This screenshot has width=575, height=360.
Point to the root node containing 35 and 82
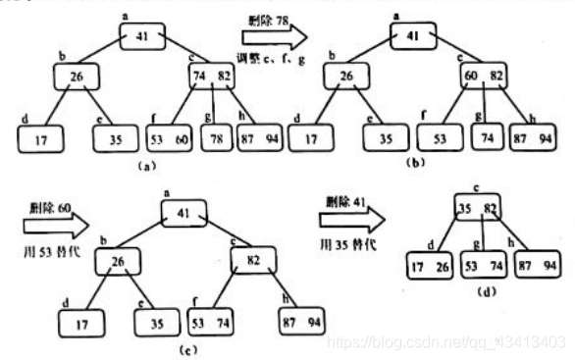click(477, 208)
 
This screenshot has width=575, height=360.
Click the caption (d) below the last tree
click(485, 290)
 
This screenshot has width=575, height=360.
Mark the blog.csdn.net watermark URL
click(445, 341)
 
